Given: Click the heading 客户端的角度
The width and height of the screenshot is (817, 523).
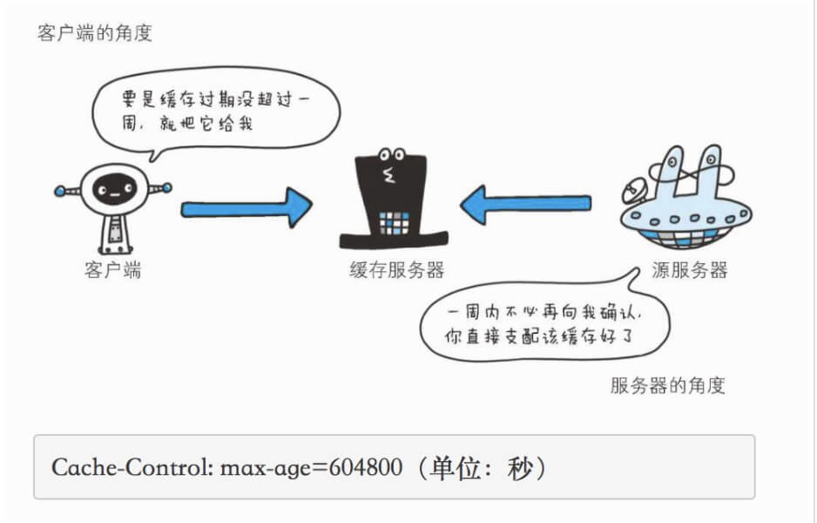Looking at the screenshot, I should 95,34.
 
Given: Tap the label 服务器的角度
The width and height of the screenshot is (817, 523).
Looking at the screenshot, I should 667,385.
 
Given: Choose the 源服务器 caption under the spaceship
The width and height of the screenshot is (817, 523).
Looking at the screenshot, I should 689,269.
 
